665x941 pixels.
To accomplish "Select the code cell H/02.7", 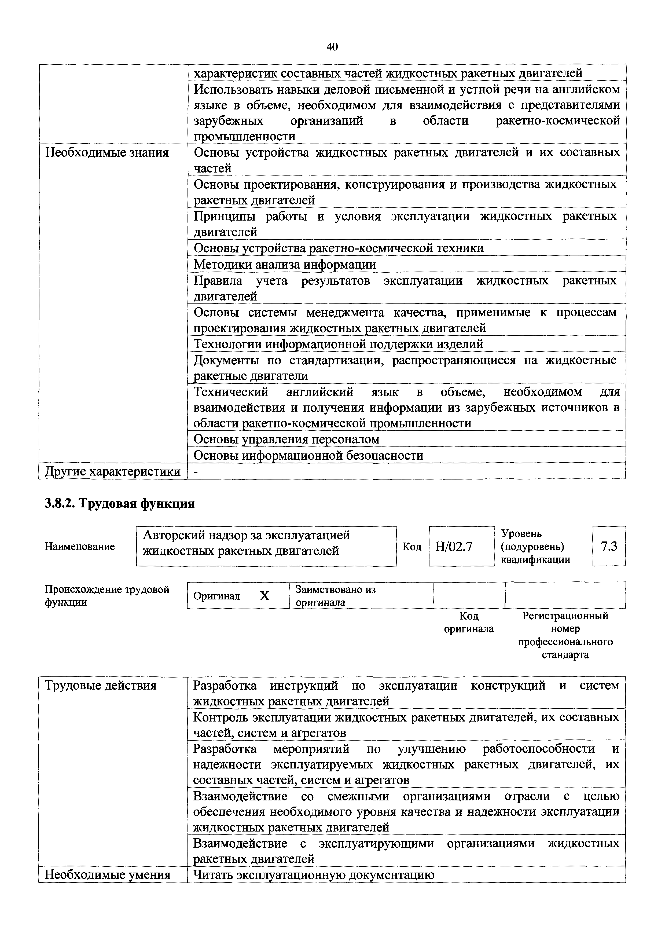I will click(454, 546).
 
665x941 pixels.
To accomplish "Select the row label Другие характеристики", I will click(112, 471).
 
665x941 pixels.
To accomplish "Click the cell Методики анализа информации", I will click(285, 264).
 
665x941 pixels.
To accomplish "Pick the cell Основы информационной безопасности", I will click(308, 455).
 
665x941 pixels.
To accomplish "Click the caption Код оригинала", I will click(469, 622).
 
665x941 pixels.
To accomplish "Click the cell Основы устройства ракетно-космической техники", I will click(339, 248).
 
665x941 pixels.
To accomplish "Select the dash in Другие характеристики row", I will click(196, 472).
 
